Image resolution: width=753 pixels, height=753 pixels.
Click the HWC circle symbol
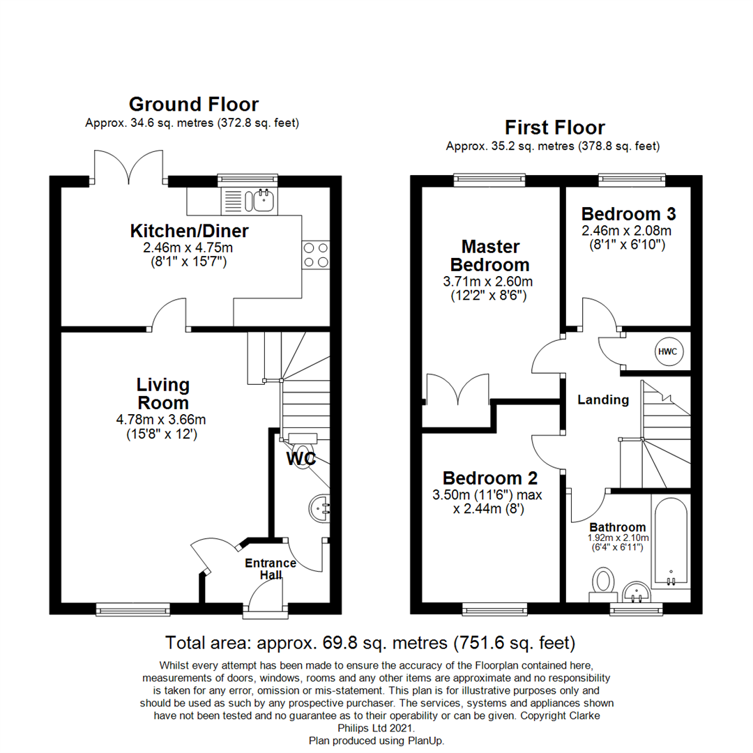pos(667,351)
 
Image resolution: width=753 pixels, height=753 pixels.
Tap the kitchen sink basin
pos(264,200)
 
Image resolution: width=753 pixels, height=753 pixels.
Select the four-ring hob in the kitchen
pos(316,254)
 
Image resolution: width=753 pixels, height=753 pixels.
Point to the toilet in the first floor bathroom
pos(604,584)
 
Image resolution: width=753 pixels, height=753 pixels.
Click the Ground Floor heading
pos(194,104)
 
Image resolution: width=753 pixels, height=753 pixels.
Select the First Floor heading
pos(555,128)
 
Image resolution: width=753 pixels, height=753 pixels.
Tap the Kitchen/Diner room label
pos(189,231)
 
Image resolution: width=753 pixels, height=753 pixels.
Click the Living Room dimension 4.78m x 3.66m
pos(161,419)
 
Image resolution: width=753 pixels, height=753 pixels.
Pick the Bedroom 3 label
pos(629,214)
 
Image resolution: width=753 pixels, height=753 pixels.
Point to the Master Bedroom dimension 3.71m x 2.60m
pos(488,282)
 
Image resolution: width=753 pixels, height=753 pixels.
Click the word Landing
pos(603,400)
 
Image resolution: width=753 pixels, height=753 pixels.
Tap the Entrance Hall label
pos(271,569)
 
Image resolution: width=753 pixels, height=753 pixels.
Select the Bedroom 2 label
pos(490,478)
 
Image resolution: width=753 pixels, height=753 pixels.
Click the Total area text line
pos(370,643)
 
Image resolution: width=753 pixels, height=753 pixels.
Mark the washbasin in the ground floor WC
pos(319,508)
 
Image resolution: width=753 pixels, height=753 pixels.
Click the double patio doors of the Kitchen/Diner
pos(129,167)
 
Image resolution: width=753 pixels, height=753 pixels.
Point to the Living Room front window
pos(133,609)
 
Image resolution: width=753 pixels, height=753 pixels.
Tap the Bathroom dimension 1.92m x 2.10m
pos(618,538)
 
